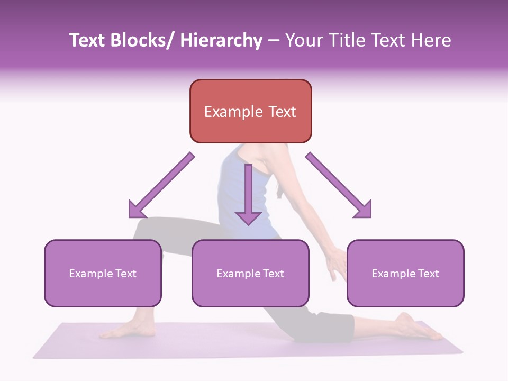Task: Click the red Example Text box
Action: (251, 111)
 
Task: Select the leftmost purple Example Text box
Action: (103, 273)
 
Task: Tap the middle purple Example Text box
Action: (250, 273)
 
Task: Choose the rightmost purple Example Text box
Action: (405, 273)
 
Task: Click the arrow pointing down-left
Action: (161, 185)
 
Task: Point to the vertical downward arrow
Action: (249, 195)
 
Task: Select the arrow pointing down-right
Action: (339, 185)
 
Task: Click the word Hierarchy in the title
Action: (221, 40)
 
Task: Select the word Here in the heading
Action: (431, 40)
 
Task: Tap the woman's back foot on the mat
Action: (418, 326)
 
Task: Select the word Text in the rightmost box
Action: (428, 274)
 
